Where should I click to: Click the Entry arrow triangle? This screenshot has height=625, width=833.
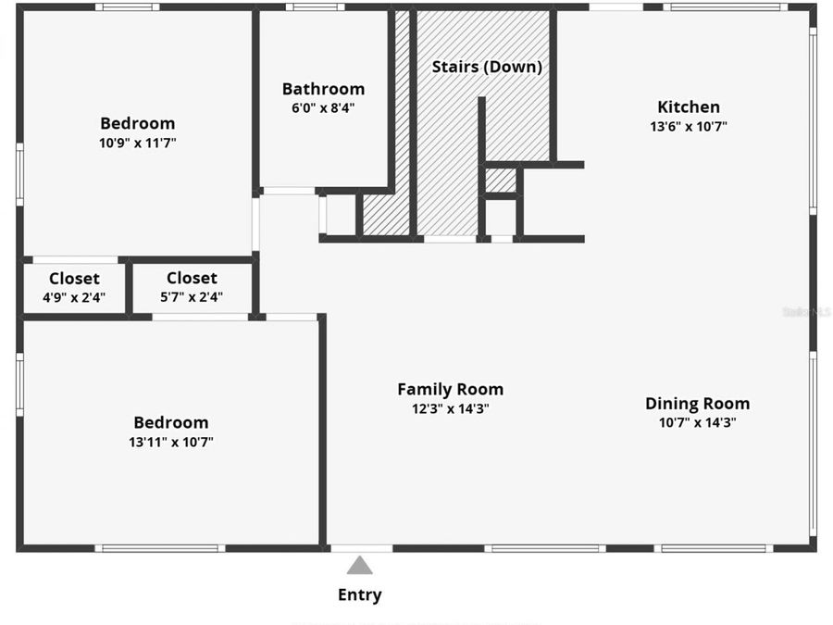(360, 565)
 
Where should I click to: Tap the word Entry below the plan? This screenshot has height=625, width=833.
(359, 595)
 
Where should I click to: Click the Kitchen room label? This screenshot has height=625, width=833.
(688, 106)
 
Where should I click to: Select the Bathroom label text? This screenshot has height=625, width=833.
(323, 89)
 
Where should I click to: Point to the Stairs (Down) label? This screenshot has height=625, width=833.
(487, 67)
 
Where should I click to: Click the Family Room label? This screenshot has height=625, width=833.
(450, 390)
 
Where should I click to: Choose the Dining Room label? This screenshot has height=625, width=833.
(697, 404)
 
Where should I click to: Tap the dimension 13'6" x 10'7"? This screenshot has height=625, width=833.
(688, 127)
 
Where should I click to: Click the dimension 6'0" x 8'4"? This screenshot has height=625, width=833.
(323, 107)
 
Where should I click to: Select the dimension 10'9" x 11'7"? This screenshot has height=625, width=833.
(137, 143)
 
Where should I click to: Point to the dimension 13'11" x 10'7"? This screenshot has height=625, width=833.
(171, 442)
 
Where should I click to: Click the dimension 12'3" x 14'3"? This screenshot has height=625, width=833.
(450, 408)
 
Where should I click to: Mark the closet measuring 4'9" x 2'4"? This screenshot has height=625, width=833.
(74, 288)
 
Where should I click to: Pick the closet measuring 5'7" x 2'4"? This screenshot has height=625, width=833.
(192, 288)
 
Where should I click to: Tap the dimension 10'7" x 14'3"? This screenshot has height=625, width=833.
(697, 422)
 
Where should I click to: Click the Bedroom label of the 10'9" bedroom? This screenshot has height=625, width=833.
(137, 123)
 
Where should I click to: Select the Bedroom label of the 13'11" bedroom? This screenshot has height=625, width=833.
(171, 423)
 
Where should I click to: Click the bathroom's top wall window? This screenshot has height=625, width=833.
(315, 7)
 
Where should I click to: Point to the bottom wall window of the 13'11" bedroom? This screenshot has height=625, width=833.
(160, 548)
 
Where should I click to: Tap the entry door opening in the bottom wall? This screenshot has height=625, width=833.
(361, 548)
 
